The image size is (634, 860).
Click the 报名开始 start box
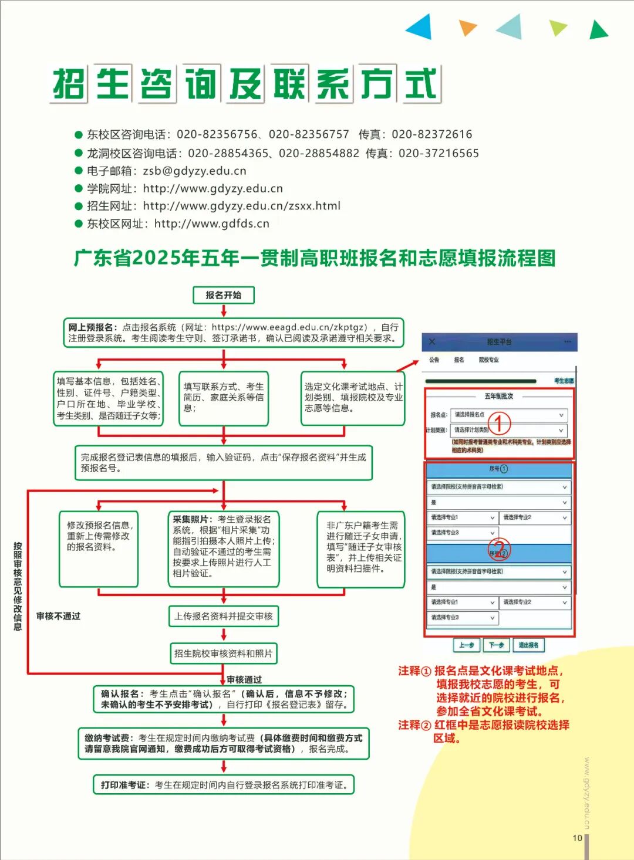point(223,295)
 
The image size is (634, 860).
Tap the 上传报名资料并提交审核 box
point(223,617)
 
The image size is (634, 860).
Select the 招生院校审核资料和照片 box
point(223,654)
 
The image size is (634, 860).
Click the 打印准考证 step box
point(224,785)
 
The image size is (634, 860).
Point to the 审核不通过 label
point(58,616)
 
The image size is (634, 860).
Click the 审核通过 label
point(244,679)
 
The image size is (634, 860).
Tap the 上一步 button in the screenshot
point(467,645)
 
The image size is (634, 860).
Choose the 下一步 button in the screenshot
point(496,645)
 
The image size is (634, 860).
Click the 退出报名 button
point(528,645)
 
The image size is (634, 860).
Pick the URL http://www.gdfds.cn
point(211,224)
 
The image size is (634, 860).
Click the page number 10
point(577,838)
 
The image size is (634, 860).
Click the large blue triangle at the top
point(421,26)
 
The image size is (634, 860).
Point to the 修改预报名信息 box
point(99,548)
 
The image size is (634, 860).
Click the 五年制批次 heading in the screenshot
point(498,396)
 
